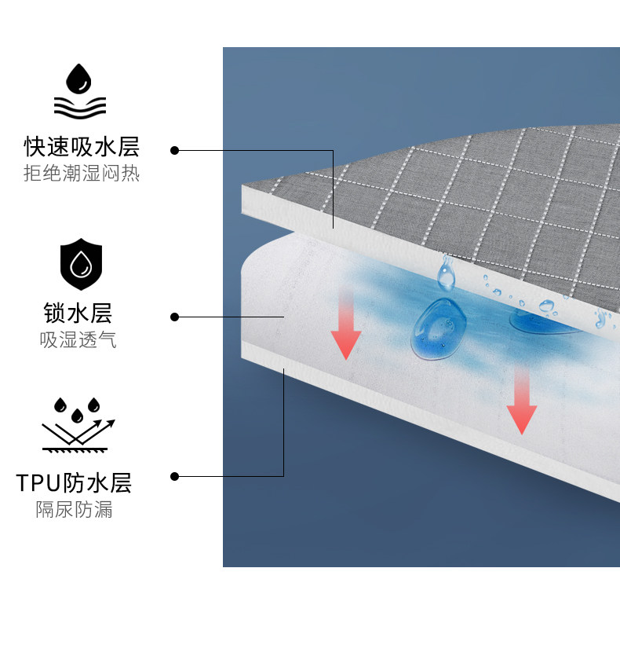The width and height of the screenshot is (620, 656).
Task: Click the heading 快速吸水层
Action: pos(82,147)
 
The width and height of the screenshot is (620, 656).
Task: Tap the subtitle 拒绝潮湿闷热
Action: pos(82,174)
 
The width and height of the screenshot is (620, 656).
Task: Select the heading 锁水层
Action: pos(78,313)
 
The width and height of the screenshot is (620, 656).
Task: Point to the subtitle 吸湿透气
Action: pos(78,340)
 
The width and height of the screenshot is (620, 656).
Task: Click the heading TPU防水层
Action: pos(74,482)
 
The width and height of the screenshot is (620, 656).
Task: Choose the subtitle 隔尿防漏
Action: pos(74,510)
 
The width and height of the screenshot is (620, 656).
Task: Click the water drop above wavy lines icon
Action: pos(78,92)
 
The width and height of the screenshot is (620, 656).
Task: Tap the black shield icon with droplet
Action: pos(81,263)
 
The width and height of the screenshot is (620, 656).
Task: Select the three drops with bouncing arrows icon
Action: pos(78,424)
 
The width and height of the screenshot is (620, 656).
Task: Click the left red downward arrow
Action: pos(345,323)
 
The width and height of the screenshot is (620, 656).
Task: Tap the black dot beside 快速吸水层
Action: pos(175,149)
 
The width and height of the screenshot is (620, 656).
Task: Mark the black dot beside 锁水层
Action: pos(175,317)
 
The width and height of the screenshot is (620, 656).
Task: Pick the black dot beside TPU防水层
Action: pos(175,476)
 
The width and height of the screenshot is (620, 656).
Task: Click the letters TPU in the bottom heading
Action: pos(37,482)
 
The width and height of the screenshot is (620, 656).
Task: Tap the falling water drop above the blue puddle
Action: pos(445,273)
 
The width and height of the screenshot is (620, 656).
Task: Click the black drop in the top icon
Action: pos(78,79)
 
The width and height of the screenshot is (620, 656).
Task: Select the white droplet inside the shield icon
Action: pos(81,265)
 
